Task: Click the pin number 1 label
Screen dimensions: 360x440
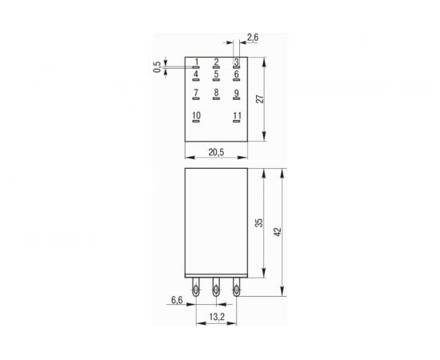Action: (197, 62)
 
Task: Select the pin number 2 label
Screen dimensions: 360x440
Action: (216, 62)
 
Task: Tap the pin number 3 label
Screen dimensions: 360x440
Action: (236, 62)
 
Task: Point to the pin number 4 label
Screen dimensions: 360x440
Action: (197, 74)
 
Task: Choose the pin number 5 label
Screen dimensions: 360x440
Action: (216, 74)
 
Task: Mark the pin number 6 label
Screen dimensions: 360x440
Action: (236, 74)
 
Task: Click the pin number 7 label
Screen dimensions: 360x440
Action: (197, 94)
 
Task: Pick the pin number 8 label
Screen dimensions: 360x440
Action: (216, 94)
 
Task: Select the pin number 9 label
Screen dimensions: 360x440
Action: (236, 94)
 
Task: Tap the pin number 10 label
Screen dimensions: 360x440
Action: (197, 117)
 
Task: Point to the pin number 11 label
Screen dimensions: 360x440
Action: (236, 117)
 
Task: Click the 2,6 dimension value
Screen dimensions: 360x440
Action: (252, 37)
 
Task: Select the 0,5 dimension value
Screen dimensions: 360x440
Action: (157, 68)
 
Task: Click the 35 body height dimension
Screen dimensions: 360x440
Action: (258, 223)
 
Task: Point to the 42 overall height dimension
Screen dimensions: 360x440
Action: (278, 232)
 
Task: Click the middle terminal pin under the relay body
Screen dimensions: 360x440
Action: (216, 289)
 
